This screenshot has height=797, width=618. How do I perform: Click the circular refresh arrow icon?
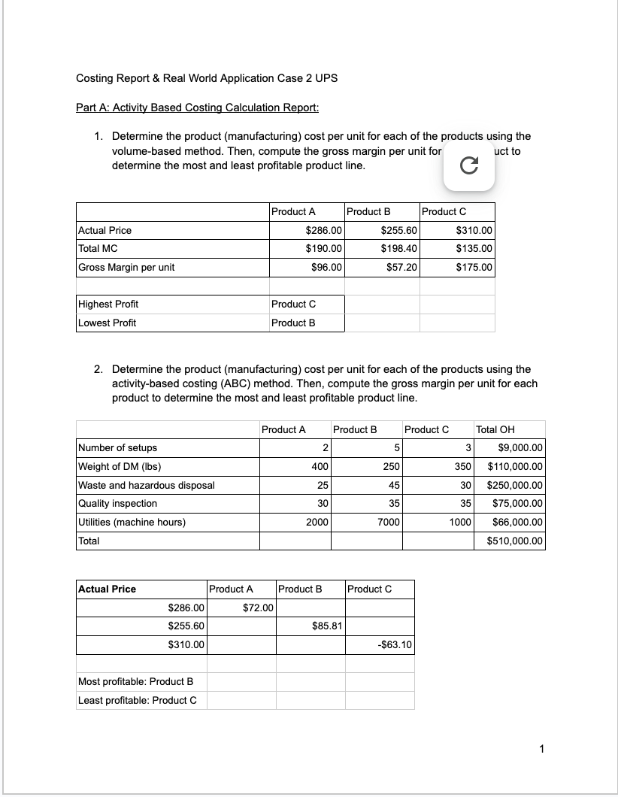click(x=468, y=169)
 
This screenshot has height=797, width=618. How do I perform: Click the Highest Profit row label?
click(x=108, y=305)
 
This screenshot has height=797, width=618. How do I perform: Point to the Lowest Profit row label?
click(x=108, y=323)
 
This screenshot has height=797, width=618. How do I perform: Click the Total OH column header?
click(x=495, y=429)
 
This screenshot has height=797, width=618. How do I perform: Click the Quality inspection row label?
click(x=118, y=504)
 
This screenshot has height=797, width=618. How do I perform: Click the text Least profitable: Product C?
click(x=138, y=700)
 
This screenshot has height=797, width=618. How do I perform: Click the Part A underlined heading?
click(x=198, y=108)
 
